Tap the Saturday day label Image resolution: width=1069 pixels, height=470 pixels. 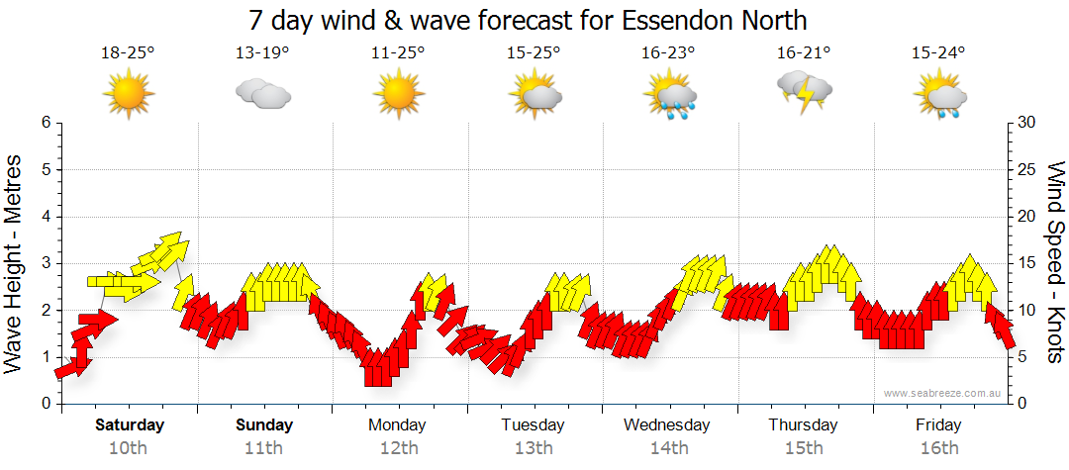(130, 425)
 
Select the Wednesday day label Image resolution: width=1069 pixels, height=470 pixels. (667, 425)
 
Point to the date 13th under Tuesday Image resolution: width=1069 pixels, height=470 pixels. (534, 448)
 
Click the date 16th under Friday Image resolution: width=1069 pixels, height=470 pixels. (938, 448)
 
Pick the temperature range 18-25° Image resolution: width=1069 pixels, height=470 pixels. (128, 53)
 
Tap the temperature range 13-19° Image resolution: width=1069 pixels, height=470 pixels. (262, 53)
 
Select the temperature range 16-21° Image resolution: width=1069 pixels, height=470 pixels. (804, 53)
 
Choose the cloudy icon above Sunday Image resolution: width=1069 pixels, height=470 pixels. (262, 94)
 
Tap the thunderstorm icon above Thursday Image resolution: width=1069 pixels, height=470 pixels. (804, 92)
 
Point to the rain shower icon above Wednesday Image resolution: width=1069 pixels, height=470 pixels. (670, 95)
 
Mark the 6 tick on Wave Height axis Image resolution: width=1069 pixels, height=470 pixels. (46, 123)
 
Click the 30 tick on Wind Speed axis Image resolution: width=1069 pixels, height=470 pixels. (1026, 123)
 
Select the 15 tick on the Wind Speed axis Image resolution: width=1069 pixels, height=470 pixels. (1026, 263)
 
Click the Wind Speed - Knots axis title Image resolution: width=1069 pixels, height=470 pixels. (1054, 263)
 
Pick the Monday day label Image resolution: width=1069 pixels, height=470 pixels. (397, 425)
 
